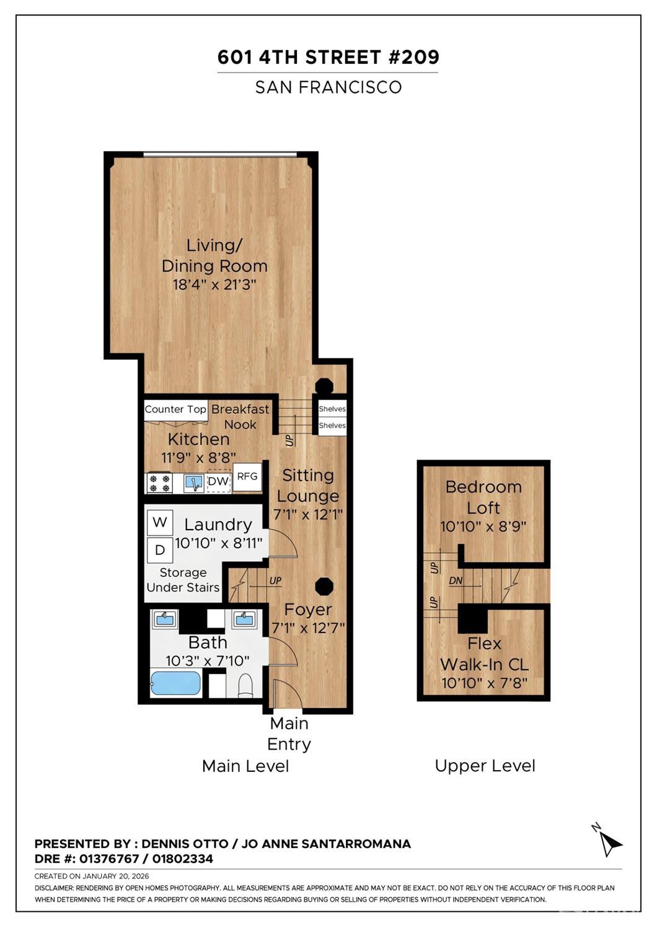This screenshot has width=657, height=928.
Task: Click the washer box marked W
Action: [159, 522]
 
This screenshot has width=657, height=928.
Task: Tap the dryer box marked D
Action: [159, 549]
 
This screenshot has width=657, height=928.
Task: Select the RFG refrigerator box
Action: [247, 476]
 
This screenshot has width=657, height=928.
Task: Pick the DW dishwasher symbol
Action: [218, 481]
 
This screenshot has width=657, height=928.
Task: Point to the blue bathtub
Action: [175, 683]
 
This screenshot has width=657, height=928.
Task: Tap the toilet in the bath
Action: [245, 685]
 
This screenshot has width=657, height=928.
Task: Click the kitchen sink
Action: [194, 483]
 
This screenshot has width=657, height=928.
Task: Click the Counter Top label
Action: [175, 409]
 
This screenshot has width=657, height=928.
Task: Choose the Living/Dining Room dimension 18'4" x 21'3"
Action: [214, 285]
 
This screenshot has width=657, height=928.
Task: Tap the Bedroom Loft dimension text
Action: [483, 527]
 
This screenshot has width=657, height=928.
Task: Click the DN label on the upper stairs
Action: [456, 581]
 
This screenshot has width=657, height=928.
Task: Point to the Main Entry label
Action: [289, 733]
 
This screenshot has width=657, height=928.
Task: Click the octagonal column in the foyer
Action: [324, 586]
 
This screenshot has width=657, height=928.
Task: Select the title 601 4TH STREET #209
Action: [328, 57]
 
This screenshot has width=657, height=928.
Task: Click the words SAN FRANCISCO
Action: [328, 87]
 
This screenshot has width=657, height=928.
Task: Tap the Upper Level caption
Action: [485, 766]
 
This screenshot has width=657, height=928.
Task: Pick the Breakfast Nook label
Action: [240, 417]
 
